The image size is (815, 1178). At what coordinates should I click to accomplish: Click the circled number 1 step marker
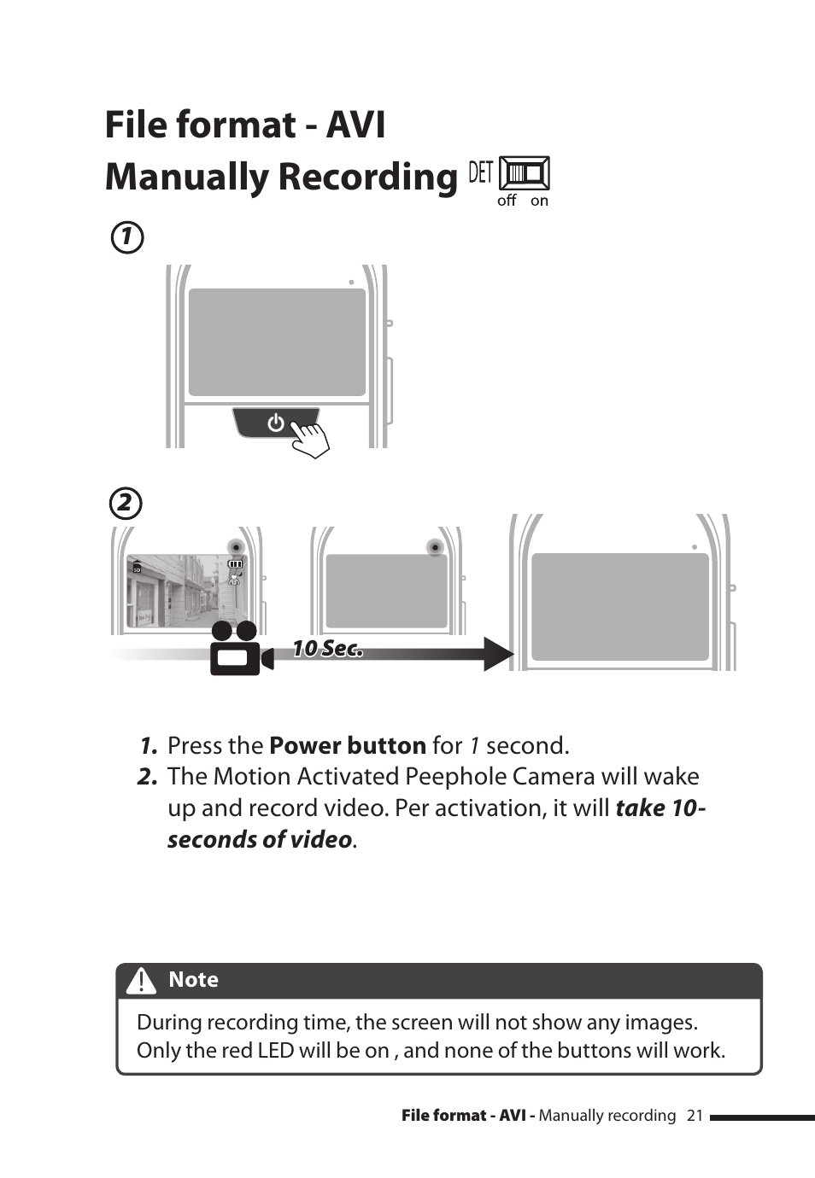pyautogui.click(x=127, y=236)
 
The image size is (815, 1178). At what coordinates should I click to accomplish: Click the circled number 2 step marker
pyautogui.click(x=126, y=503)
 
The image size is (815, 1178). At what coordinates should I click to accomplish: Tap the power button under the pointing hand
pyautogui.click(x=274, y=422)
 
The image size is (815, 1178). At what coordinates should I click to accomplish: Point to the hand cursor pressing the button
pyautogui.click(x=310, y=438)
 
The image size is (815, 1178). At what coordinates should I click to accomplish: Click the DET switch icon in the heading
pyautogui.click(x=524, y=173)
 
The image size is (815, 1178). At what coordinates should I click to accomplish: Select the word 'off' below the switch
pyautogui.click(x=507, y=201)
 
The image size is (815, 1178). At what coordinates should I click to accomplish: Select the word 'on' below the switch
pyautogui.click(x=539, y=201)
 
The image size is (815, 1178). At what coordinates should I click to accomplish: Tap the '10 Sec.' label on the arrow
pyautogui.click(x=327, y=649)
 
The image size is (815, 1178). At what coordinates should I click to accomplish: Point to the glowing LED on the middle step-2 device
pyautogui.click(x=436, y=547)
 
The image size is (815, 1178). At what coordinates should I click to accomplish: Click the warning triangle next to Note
pyautogui.click(x=141, y=981)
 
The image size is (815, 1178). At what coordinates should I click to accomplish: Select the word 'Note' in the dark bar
pyautogui.click(x=193, y=980)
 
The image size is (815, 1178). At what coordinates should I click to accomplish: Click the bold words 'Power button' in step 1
pyautogui.click(x=347, y=745)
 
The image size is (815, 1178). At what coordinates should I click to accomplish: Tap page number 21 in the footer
pyautogui.click(x=695, y=1115)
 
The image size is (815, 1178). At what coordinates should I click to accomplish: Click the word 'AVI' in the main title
pyautogui.click(x=355, y=125)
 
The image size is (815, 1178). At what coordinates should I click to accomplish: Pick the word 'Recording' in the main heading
pyautogui.click(x=368, y=177)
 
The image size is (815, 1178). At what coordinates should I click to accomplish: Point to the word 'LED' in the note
pyautogui.click(x=275, y=1050)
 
